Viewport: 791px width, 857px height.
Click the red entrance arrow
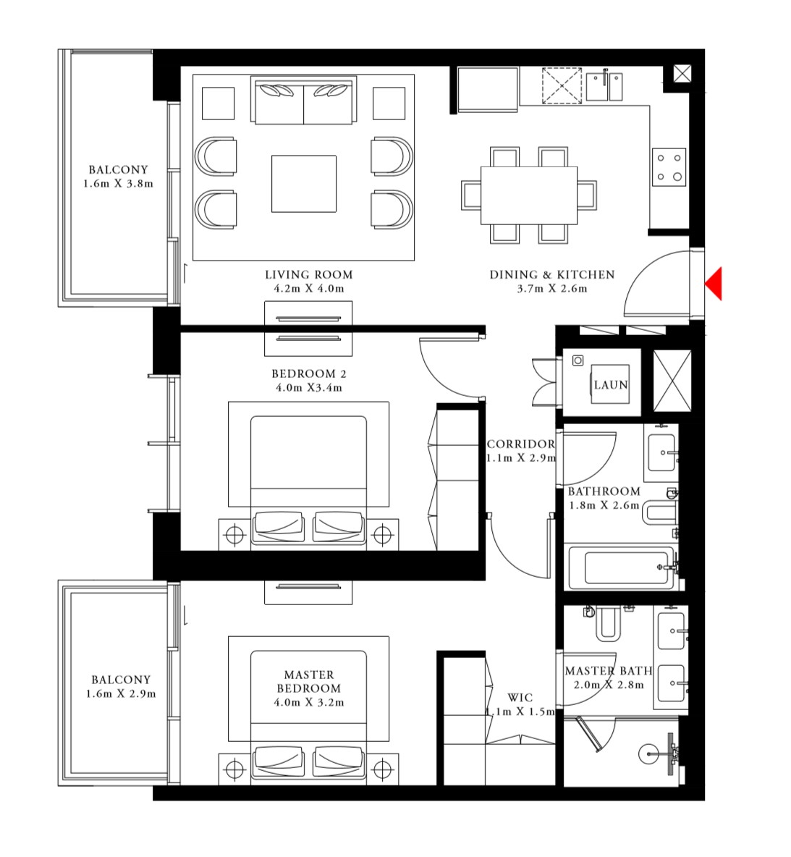tap(714, 283)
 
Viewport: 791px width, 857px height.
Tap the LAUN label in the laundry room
tap(611, 385)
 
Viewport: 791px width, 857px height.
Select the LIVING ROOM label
tap(308, 275)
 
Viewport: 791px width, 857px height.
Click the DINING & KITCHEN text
tap(551, 275)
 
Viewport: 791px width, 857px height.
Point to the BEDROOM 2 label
tap(308, 374)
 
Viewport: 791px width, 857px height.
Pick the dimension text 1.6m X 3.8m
tap(119, 184)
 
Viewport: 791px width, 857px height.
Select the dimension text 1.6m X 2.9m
tap(121, 693)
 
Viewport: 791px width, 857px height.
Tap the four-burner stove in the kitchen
tap(669, 166)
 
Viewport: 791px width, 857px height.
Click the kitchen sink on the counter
tap(604, 86)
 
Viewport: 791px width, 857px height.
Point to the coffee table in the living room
tap(303, 184)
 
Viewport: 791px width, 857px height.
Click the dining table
tap(529, 195)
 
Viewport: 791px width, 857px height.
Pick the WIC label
tap(520, 698)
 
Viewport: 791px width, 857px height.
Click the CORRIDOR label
tap(520, 444)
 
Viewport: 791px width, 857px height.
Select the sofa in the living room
tap(303, 101)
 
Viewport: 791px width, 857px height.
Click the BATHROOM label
tap(604, 491)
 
